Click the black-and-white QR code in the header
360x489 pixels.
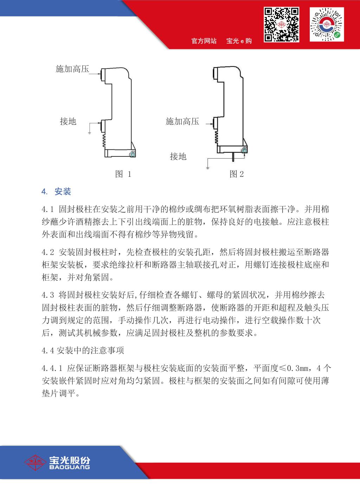(x=282, y=25)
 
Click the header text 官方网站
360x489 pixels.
(x=204, y=41)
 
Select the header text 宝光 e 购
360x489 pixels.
(x=239, y=41)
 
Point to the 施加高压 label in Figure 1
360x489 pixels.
(x=72, y=69)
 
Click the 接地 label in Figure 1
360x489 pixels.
(x=68, y=122)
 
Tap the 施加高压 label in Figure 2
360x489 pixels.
(x=182, y=122)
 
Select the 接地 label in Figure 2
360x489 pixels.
(x=178, y=156)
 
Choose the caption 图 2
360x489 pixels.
(x=237, y=174)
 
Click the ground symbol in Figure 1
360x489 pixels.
(x=90, y=133)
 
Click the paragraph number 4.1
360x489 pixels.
(x=47, y=210)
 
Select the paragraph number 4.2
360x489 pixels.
(x=47, y=252)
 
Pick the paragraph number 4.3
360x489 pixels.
(x=47, y=295)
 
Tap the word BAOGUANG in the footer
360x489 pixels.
(x=69, y=467)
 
